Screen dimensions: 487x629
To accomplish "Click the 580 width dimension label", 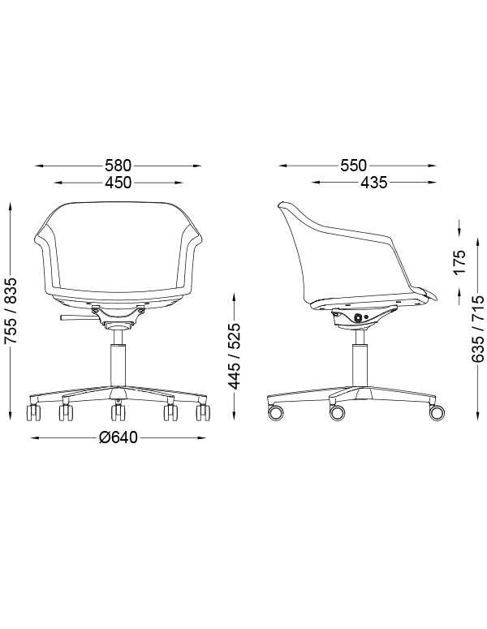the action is [119, 166].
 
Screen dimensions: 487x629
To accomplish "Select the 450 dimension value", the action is [119, 183].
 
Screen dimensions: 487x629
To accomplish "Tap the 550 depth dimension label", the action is [353, 166].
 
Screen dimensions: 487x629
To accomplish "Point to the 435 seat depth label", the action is [373, 183].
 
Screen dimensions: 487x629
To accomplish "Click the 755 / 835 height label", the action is [11, 311].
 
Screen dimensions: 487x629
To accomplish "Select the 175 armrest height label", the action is [459, 261].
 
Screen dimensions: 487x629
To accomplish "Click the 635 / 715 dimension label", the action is [478, 330].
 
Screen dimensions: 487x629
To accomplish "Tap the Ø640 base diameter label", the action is [119, 437].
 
